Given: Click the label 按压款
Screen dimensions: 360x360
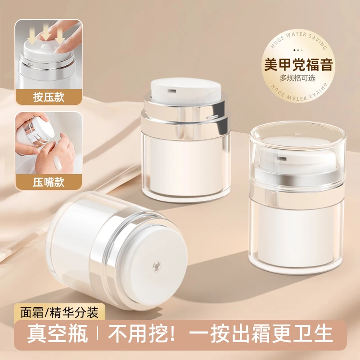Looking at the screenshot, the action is (x=49, y=97).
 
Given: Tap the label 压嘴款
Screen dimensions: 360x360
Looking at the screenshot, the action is (x=49, y=182).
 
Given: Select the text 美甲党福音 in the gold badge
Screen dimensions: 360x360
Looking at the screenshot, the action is (x=298, y=64).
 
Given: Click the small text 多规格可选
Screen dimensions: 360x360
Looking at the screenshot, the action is (x=297, y=78).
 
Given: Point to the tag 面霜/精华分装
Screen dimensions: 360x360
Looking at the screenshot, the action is (x=59, y=312).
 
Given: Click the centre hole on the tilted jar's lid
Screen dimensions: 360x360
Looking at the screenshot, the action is (x=157, y=266).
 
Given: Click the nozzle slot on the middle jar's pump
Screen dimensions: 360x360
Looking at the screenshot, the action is (x=172, y=91).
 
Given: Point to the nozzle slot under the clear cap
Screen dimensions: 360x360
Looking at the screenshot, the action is (x=282, y=158).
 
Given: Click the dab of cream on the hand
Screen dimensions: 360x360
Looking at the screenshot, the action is (x=58, y=163).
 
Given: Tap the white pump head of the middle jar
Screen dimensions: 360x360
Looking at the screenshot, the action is (x=186, y=91).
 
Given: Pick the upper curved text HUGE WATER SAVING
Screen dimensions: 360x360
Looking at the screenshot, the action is (x=298, y=40).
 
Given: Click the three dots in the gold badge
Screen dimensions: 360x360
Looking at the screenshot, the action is (x=298, y=50).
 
